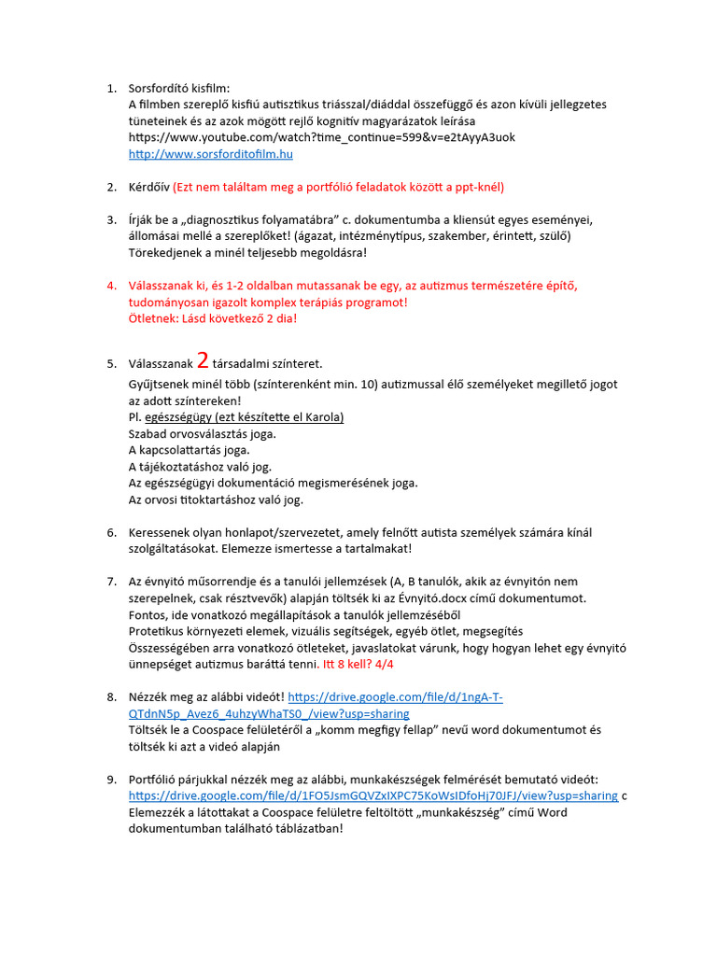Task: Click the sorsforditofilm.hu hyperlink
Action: [x=211, y=154]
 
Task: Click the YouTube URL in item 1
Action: [x=321, y=137]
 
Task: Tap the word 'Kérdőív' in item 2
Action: [x=148, y=187]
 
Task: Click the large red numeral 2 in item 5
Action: [x=203, y=361]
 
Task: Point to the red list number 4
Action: [x=110, y=286]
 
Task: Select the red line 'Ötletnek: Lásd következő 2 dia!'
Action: [x=213, y=318]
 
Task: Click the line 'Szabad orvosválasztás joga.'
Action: [x=202, y=434]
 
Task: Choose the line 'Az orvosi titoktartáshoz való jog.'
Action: [x=216, y=499]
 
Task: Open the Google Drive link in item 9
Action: [x=373, y=795]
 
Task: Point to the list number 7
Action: [x=110, y=582]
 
